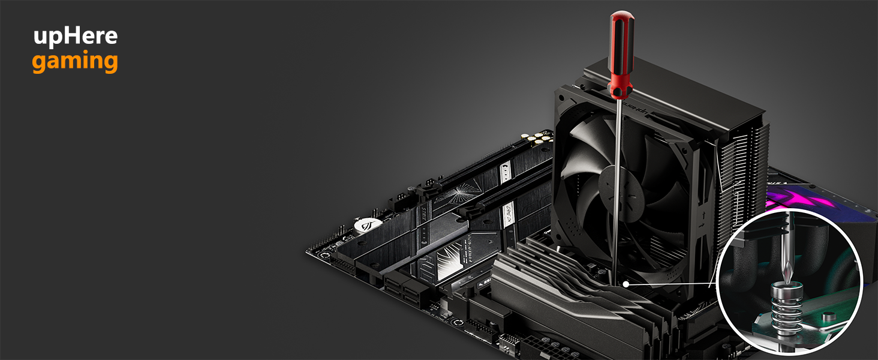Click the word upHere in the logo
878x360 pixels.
click(75, 37)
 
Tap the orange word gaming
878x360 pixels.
click(75, 62)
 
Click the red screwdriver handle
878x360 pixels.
click(621, 54)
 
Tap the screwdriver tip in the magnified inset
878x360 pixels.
click(787, 273)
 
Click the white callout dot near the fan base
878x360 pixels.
click(626, 283)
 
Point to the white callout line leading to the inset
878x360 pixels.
click(672, 283)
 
